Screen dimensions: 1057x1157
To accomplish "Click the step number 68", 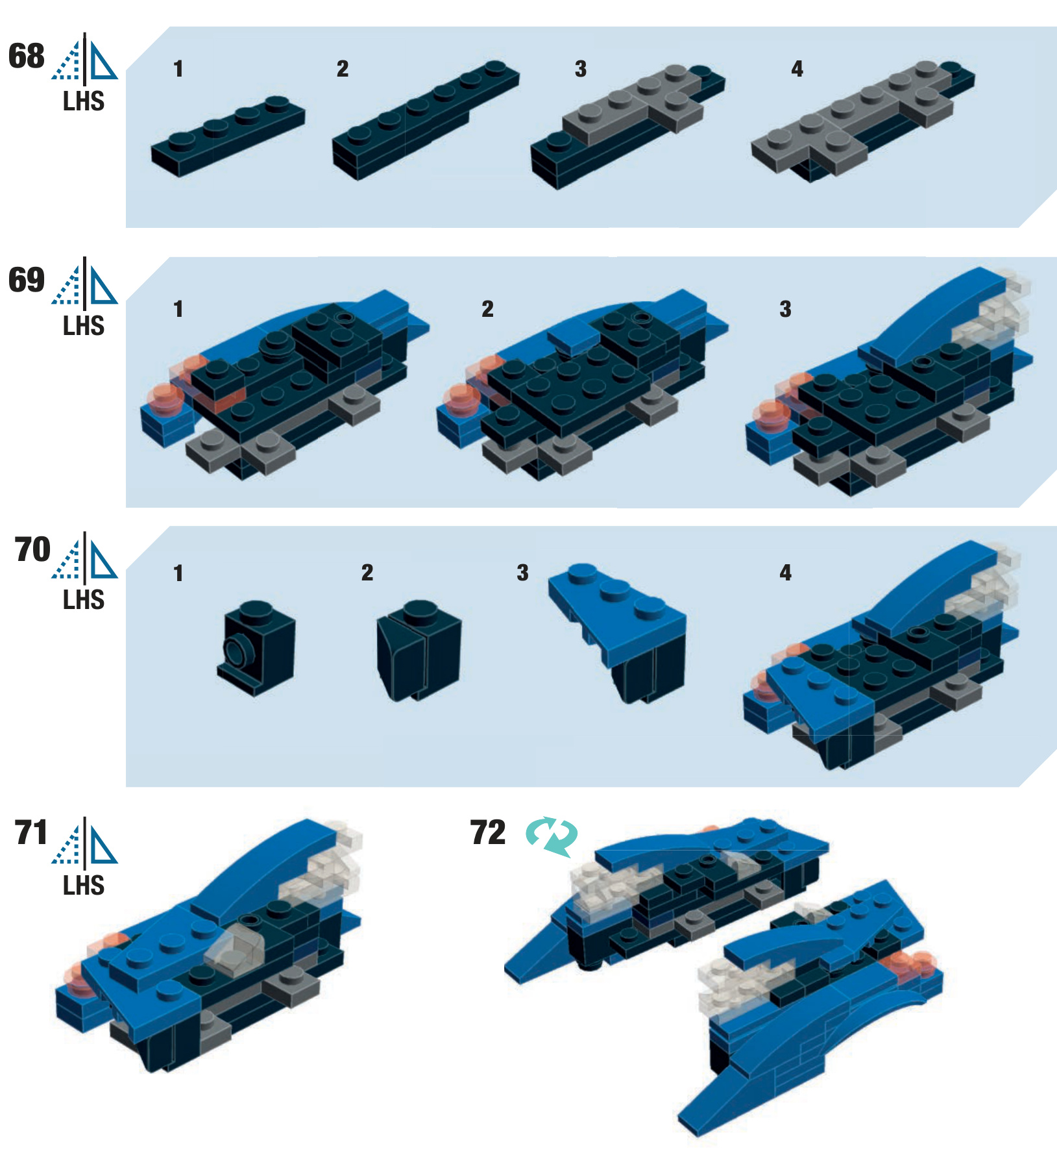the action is click(27, 56).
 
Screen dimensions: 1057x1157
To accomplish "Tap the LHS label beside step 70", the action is click(84, 600).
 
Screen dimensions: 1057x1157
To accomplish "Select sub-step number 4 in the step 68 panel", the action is click(797, 69).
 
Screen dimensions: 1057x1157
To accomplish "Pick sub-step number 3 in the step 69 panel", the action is click(785, 309).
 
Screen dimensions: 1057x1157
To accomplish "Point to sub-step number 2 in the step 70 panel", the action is click(367, 573).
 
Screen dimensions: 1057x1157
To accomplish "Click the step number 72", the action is click(488, 832).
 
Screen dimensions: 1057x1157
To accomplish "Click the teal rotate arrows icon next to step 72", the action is click(552, 836).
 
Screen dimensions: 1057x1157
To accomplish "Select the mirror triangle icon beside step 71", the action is click(85, 843).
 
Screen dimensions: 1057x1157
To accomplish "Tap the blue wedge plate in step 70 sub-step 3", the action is click(616, 613).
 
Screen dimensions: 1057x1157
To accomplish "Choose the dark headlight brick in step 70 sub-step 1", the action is click(256, 647).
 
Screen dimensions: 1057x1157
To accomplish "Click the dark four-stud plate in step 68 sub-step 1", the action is click(228, 136).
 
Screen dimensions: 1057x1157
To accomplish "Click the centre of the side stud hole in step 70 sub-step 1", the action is click(234, 649).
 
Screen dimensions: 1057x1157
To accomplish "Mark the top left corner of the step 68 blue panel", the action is click(170, 27).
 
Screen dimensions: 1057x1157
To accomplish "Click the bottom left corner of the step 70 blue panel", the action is click(126, 787).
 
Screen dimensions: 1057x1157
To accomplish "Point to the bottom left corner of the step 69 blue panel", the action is click(126, 507).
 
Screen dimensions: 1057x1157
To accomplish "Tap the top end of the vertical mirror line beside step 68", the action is click(84, 33).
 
